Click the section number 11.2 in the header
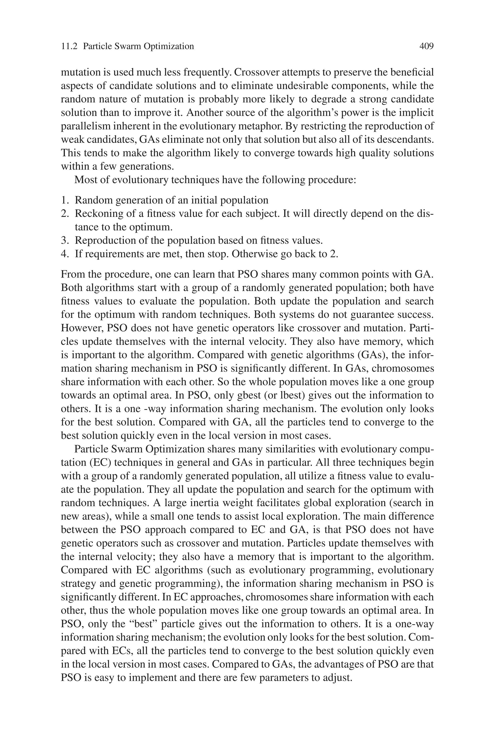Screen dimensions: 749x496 pyautogui.click(x=69, y=47)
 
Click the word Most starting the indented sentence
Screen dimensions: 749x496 pyautogui.click(x=85, y=180)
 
